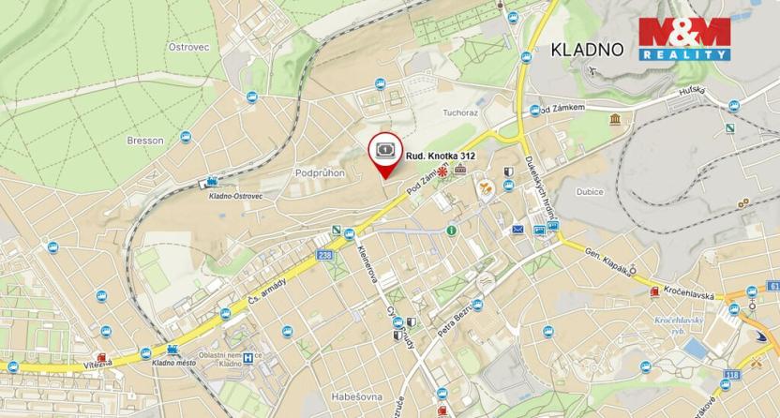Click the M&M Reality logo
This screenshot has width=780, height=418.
(x=683, y=39)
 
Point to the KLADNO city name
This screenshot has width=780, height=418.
(x=587, y=50)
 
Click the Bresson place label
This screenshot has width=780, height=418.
(x=144, y=141)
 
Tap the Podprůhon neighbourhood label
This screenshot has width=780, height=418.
(x=321, y=172)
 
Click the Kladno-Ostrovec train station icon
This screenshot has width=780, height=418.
(x=215, y=182)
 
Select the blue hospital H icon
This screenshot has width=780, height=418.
(x=247, y=357)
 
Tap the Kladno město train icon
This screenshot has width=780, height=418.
(x=145, y=352)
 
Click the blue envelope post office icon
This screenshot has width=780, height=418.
(x=517, y=229)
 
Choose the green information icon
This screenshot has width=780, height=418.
(x=451, y=230)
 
